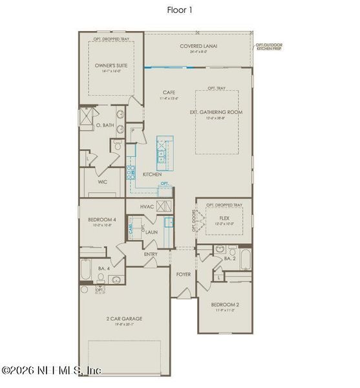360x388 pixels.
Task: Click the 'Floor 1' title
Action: pyautogui.click(x=180, y=10)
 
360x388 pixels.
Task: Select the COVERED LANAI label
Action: pyautogui.click(x=199, y=46)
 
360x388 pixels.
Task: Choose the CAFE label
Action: pyautogui.click(x=169, y=92)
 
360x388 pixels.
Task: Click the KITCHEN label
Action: pyautogui.click(x=152, y=175)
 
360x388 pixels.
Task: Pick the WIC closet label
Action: pyautogui.click(x=102, y=182)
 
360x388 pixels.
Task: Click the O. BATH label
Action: pyautogui.click(x=105, y=124)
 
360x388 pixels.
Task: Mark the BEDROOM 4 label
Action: pyautogui.click(x=102, y=220)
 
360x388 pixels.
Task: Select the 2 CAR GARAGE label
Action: pyautogui.click(x=124, y=319)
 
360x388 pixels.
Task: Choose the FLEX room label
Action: pyautogui.click(x=224, y=218)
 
